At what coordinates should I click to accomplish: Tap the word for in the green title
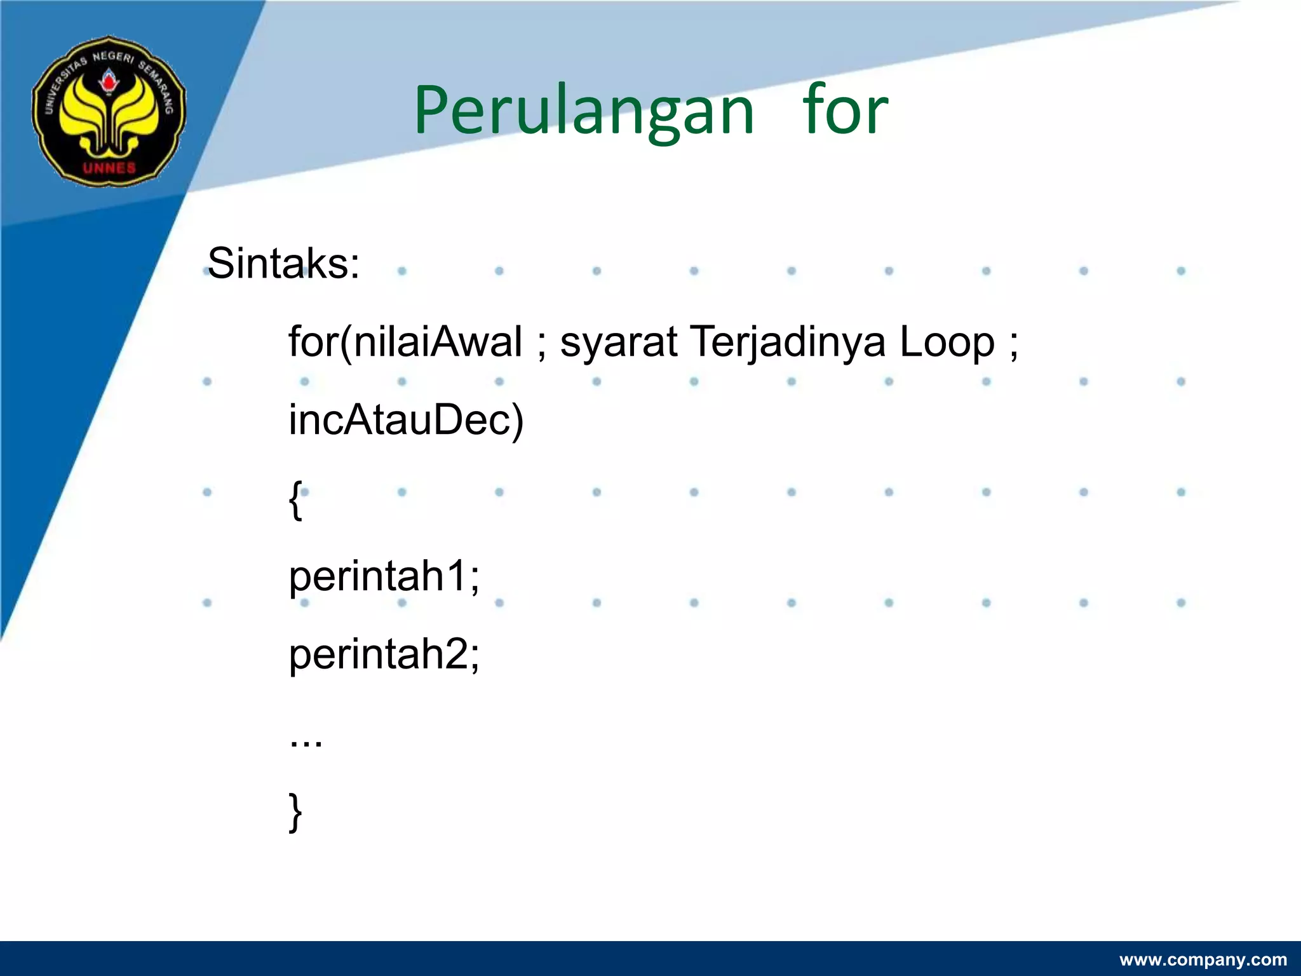(x=845, y=111)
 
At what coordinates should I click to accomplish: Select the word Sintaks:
(x=283, y=264)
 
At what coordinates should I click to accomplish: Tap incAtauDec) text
(x=405, y=421)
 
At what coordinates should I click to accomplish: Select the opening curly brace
(x=295, y=500)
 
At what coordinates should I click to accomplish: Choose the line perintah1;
(x=384, y=577)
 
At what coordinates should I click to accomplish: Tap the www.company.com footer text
(x=1203, y=959)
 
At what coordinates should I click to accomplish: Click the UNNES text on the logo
(x=109, y=168)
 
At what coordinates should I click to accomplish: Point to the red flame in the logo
(x=109, y=83)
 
